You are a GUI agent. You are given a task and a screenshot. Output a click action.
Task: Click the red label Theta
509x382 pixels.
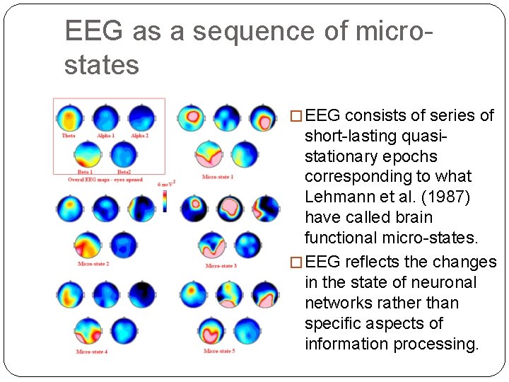click(69, 135)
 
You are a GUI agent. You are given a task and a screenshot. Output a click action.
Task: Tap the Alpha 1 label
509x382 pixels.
click(105, 135)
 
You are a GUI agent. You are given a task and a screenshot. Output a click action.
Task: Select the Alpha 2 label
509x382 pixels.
click(139, 135)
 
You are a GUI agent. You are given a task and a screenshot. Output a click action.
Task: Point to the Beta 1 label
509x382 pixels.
click(86, 172)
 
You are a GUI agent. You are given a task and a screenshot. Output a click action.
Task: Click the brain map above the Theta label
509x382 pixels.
click(69, 117)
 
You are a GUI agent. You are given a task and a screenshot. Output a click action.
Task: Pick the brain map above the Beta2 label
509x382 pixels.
click(123, 154)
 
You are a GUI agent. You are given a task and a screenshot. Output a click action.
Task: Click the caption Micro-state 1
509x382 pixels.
click(218, 177)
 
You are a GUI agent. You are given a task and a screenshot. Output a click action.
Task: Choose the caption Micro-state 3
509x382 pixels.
click(221, 265)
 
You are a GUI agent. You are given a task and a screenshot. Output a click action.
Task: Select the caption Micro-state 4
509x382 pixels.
click(92, 352)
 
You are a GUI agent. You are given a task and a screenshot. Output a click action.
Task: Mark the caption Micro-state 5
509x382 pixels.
click(219, 352)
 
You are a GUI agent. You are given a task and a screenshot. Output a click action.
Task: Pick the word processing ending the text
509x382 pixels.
click(438, 345)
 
